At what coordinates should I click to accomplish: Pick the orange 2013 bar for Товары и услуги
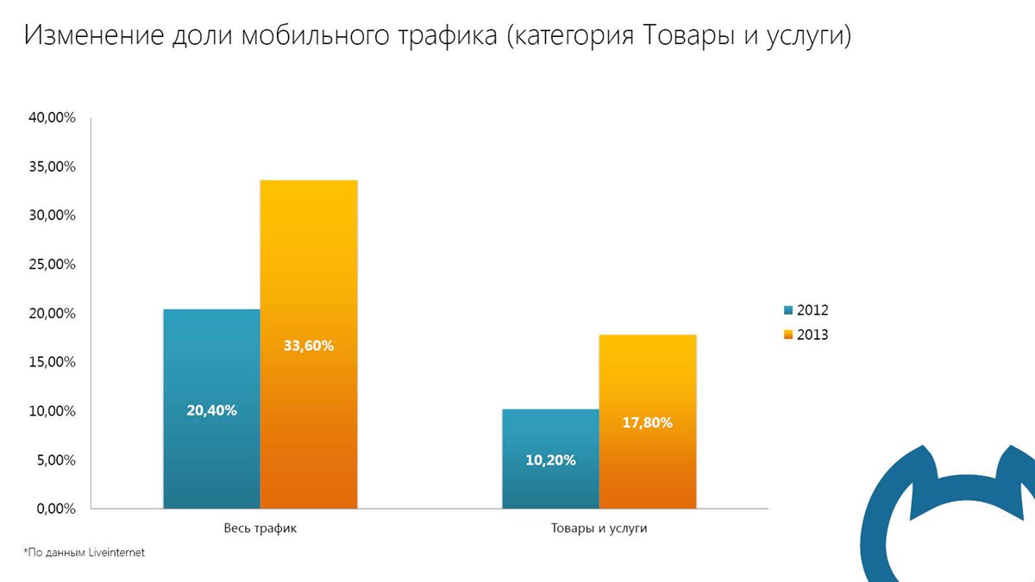[x=647, y=379]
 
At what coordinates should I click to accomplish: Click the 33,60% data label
[x=308, y=346]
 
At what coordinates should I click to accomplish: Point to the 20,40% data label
[x=211, y=410]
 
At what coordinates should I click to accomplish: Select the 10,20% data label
[x=550, y=460]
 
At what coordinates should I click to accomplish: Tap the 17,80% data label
[x=647, y=422]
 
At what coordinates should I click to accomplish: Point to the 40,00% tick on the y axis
[x=51, y=117]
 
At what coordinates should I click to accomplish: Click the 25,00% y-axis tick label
[x=51, y=265]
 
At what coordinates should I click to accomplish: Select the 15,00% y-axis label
[x=51, y=362]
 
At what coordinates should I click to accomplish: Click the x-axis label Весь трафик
[x=260, y=528]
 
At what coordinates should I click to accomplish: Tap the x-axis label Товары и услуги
[x=599, y=528]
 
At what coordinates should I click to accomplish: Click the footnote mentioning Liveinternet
[x=84, y=553]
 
